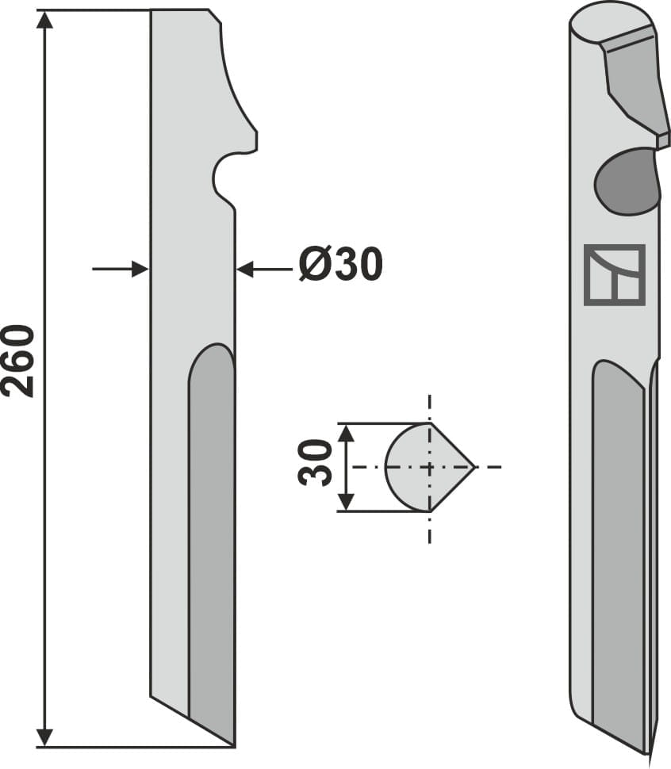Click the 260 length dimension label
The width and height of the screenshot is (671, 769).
pos(19,361)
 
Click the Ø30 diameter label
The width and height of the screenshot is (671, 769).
pos(340,265)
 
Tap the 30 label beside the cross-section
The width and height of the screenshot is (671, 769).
pos(316,463)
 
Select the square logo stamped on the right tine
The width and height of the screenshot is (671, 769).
pos(614,275)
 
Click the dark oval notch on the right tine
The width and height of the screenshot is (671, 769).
pos(627,182)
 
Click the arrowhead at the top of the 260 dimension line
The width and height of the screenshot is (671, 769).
pos(45,19)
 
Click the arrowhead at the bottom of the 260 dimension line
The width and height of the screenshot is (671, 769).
pos(45,737)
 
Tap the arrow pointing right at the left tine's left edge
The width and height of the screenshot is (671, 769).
pos(140,269)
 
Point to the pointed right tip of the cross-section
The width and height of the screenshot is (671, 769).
pos(473,467)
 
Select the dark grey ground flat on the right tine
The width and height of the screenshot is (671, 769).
pos(619,555)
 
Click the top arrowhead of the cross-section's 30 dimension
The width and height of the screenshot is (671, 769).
pos(344,432)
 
